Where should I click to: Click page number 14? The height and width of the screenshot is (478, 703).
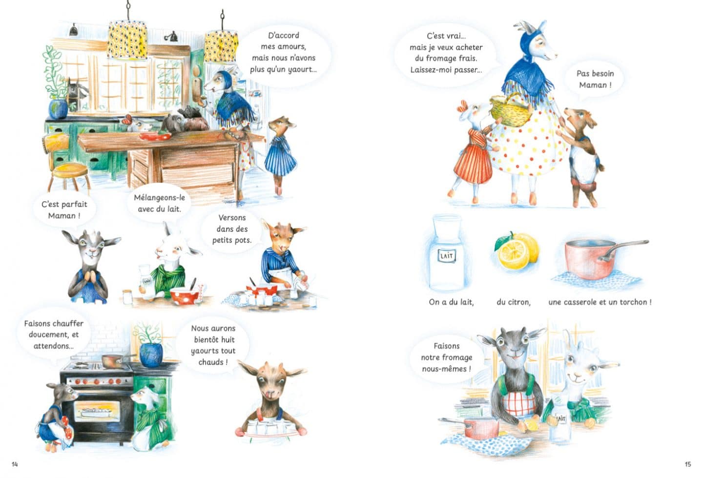click(15, 464)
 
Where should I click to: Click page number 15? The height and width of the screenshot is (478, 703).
click(687, 464)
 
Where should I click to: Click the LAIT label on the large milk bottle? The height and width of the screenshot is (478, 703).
click(447, 256)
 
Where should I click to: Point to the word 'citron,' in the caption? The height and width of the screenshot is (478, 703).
click(514, 302)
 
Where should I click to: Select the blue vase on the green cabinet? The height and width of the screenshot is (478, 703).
click(59, 109)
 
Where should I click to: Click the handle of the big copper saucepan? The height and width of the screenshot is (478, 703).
click(623, 249)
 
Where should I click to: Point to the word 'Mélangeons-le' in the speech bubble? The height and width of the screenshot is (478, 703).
click(160, 198)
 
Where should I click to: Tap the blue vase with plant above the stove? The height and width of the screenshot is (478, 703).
click(151, 354)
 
